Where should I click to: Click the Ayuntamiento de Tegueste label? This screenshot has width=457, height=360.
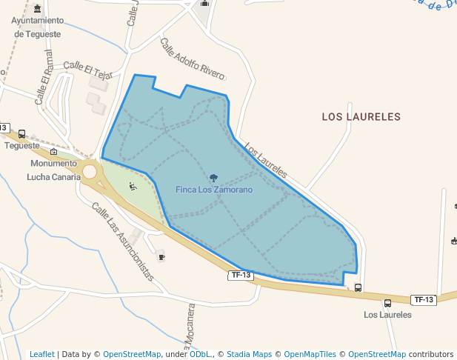(x=38, y=27)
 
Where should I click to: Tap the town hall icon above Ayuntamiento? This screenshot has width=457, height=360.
(x=38, y=9)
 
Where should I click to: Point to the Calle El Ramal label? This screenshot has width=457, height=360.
(x=44, y=77)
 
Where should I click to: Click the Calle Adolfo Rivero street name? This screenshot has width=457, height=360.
(x=193, y=60)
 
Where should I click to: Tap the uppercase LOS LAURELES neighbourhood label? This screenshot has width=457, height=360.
(x=361, y=117)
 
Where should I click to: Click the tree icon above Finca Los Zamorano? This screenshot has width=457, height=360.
(x=214, y=178)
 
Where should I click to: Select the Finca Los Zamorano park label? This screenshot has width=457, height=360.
(x=214, y=190)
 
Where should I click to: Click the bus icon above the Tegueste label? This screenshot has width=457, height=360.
(x=21, y=134)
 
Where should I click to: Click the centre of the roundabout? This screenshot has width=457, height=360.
(x=90, y=172)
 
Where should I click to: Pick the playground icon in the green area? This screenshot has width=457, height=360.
(x=133, y=186)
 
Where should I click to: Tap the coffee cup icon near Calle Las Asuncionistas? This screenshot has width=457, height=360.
(x=161, y=257)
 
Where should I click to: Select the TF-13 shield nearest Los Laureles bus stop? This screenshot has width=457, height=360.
(x=424, y=299)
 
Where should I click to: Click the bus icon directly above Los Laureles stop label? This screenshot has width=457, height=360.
(x=387, y=302)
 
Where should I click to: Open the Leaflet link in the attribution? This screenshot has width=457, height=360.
(x=41, y=354)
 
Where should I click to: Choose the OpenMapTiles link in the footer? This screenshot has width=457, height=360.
(x=310, y=354)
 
